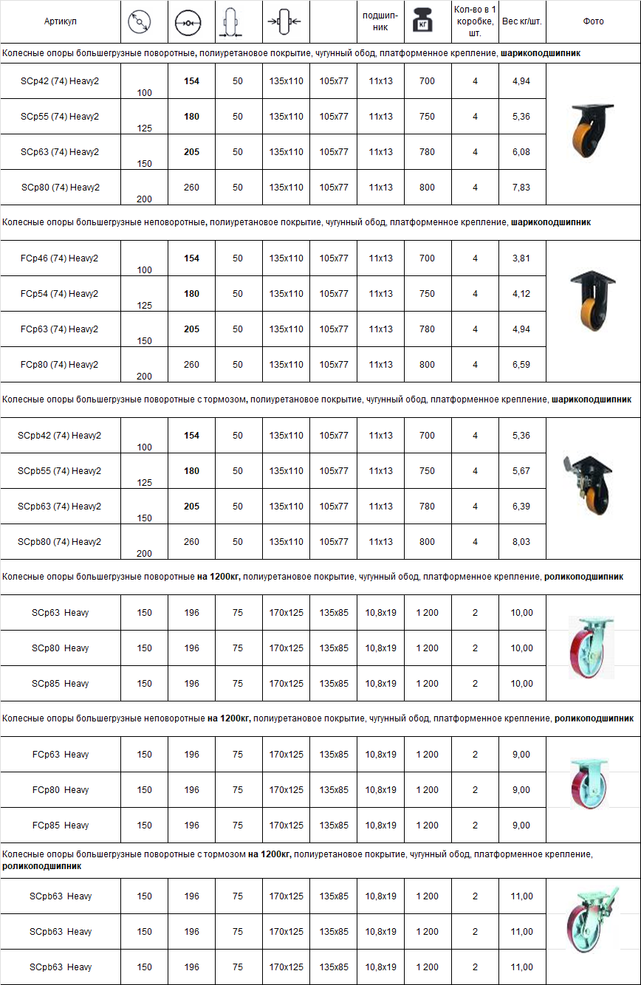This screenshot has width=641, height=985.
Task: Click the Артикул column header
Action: click(x=60, y=21)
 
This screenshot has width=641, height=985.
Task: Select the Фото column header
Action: click(x=593, y=21)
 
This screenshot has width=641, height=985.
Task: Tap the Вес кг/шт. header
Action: click(x=521, y=21)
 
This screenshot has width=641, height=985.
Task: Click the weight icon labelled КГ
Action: click(x=427, y=22)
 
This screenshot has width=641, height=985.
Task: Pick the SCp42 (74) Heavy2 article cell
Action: click(x=60, y=81)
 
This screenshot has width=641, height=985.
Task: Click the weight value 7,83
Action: click(x=521, y=188)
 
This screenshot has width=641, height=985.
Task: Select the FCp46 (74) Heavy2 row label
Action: click(x=60, y=258)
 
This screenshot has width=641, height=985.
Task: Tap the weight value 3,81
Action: click(x=521, y=258)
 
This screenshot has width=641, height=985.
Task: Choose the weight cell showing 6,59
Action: click(x=521, y=365)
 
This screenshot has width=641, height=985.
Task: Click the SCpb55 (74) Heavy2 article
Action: click(x=60, y=471)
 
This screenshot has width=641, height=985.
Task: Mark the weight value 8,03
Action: click(x=521, y=542)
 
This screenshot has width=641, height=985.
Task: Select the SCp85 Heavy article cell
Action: click(x=60, y=684)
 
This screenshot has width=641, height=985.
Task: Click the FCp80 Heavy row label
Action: click(x=60, y=790)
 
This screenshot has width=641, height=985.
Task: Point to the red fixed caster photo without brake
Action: click(x=591, y=785)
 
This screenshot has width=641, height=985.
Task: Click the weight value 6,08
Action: click(x=521, y=152)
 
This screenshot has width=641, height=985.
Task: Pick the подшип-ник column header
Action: click(x=380, y=21)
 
